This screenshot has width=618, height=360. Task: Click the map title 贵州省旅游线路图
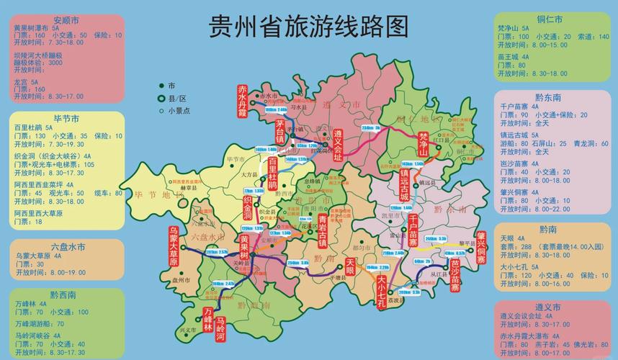(308, 27)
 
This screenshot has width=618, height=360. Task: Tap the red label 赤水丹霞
(243, 102)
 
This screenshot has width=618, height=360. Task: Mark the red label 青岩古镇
(323, 230)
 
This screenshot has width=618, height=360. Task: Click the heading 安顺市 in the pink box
(66, 19)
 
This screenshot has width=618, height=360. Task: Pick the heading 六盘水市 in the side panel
(67, 246)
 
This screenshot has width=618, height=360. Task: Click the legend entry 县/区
(176, 98)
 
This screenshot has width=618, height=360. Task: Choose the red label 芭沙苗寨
(455, 276)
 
